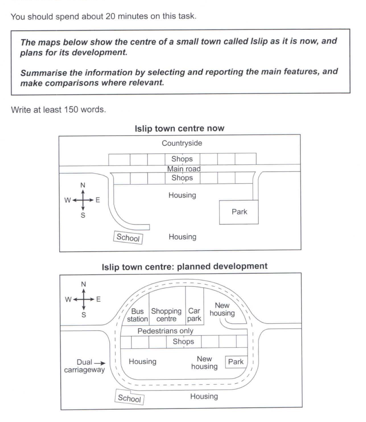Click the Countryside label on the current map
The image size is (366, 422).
[x=182, y=143]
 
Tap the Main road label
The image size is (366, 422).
[x=184, y=169]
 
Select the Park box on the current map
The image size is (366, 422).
[x=239, y=212]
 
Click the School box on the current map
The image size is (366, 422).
[x=128, y=238]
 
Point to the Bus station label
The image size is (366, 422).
[x=137, y=315]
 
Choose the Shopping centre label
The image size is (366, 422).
[x=166, y=315]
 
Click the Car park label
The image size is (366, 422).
[x=194, y=315]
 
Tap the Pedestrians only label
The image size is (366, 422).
[x=165, y=331]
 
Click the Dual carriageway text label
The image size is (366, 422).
[x=84, y=366]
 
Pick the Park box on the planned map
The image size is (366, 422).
[x=236, y=362]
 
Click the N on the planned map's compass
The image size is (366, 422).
[x=83, y=284]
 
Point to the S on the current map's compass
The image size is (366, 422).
[x=83, y=215]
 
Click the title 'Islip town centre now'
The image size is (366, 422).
[x=179, y=128]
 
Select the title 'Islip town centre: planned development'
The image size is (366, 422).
[x=184, y=266]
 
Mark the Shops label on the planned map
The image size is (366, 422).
[x=183, y=341]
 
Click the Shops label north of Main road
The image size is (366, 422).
[x=182, y=159]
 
